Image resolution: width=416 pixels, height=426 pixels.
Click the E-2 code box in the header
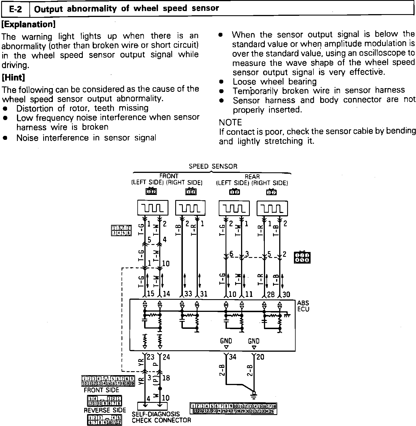point(15,9)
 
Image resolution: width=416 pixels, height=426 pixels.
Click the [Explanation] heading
point(29,24)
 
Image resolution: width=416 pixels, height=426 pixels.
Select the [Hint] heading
point(13,77)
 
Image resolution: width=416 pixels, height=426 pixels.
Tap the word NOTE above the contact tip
point(230,122)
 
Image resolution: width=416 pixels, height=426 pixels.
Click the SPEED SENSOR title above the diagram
point(213,166)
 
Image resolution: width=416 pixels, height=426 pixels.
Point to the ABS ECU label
point(303,306)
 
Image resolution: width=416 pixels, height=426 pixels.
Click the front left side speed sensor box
point(153,208)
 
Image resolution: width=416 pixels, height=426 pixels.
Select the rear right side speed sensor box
point(272,208)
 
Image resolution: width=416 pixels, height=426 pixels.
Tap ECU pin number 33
point(188,294)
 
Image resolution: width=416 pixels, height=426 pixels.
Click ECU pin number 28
point(271,294)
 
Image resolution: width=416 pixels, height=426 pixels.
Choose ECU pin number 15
point(151,294)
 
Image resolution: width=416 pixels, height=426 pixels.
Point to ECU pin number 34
point(232,357)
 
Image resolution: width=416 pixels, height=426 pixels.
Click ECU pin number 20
point(260,357)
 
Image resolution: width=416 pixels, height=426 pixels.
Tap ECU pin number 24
point(166,357)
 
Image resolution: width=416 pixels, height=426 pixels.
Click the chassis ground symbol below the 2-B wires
point(254,394)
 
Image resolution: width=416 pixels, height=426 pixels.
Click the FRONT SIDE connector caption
point(101,390)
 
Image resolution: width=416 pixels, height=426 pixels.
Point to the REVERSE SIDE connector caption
point(105,410)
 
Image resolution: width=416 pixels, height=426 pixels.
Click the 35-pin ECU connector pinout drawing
point(233,409)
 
